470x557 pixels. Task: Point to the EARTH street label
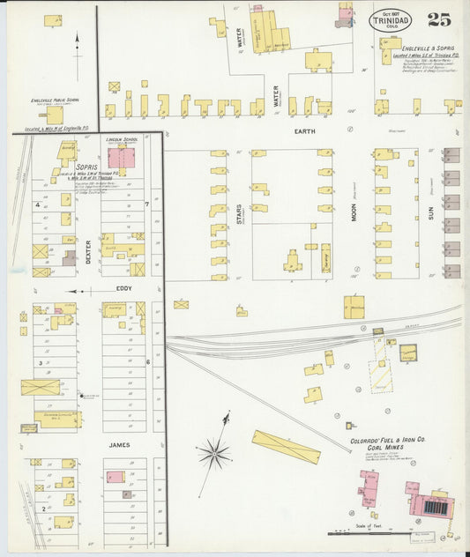tap(304, 131)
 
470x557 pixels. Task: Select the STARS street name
tap(239, 213)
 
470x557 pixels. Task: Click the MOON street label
tap(354, 212)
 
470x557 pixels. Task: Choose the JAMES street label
tap(119, 445)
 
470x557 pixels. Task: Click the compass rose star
tap(213, 454)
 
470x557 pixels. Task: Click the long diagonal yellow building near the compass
tap(286, 446)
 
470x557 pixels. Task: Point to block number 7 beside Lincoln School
tap(146, 204)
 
